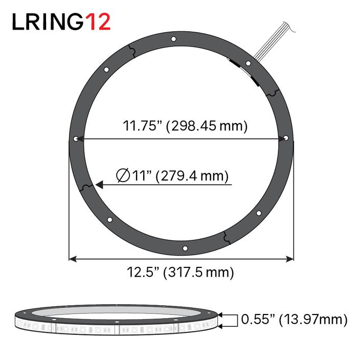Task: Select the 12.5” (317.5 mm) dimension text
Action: [x=181, y=272]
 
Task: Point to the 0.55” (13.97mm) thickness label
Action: [x=294, y=320]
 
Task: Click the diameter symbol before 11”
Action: [x=122, y=176]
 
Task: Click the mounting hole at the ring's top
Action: [x=174, y=39]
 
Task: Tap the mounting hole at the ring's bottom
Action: [x=186, y=249]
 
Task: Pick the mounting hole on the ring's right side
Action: [x=286, y=138]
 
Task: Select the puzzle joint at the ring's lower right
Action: [x=226, y=237]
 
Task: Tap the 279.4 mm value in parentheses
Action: [x=192, y=176]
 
